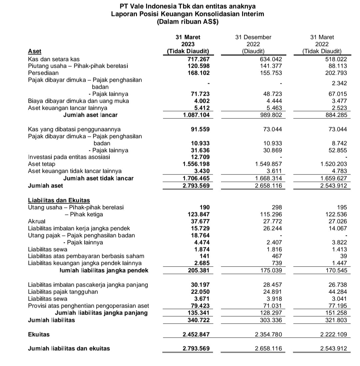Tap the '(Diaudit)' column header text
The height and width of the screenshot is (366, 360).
point(253,51)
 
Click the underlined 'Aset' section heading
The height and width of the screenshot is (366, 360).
point(35,51)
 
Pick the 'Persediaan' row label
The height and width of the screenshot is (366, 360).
point(43,73)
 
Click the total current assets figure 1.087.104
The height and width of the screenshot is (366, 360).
point(196,115)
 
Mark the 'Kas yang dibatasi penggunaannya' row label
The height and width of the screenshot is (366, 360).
point(74,129)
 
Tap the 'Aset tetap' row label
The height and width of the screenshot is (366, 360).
point(42,164)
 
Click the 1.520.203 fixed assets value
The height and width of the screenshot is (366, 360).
point(333,164)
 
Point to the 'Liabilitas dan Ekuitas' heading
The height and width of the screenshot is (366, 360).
point(59,201)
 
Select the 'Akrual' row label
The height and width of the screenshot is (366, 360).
point(37,221)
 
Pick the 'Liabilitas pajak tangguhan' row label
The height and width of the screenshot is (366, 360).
point(63,292)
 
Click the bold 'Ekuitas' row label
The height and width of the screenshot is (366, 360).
point(39,334)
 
